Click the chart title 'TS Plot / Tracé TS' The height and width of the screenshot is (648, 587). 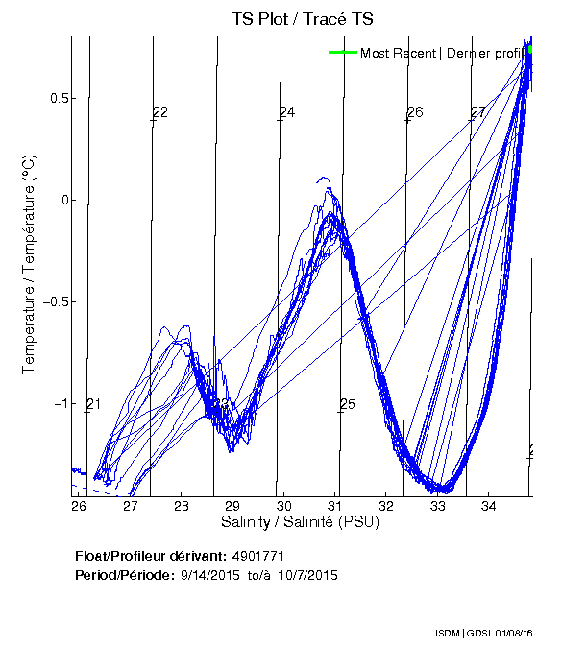(302, 19)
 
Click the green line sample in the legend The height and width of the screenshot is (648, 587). (342, 53)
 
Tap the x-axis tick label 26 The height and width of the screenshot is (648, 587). (79, 506)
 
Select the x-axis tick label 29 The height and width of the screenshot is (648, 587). (232, 506)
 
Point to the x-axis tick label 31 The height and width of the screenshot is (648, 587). (334, 506)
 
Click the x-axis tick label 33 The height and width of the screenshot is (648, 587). (437, 506)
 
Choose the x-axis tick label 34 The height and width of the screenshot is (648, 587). (488, 506)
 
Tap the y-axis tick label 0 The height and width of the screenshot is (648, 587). (65, 201)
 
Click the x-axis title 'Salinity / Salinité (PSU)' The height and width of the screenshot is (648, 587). (301, 522)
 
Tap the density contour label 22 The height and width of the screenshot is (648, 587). (160, 112)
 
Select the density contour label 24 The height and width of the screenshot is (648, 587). (287, 113)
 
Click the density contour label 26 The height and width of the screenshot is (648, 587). (415, 112)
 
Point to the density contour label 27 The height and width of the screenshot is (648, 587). (477, 113)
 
